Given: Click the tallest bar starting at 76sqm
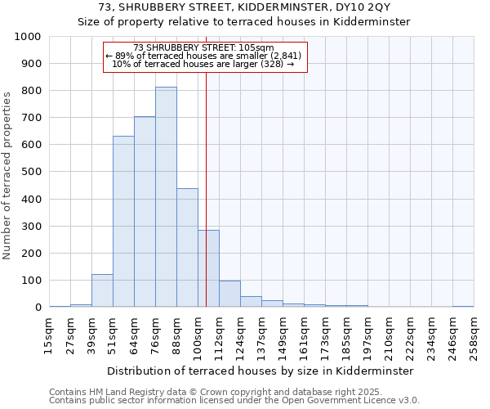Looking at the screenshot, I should [166, 196].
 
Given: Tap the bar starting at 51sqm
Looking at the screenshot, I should [123, 221].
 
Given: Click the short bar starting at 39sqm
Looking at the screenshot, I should [102, 291].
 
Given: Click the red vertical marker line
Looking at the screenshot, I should [206, 188].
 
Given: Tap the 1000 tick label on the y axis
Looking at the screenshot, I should [28, 37].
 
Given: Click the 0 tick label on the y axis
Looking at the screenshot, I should [38, 308].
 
